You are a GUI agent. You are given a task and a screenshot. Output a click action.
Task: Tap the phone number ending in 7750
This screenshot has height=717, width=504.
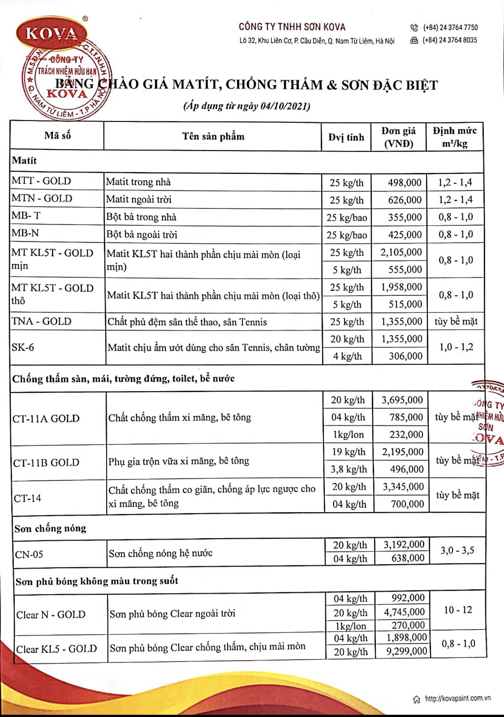(x=450, y=27)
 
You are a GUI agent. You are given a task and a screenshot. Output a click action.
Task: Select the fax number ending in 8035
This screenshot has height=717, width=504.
(x=450, y=40)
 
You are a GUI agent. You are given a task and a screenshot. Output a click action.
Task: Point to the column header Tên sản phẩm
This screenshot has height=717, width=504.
(x=213, y=136)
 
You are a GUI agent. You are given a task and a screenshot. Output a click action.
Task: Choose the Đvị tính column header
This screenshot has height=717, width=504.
(x=346, y=137)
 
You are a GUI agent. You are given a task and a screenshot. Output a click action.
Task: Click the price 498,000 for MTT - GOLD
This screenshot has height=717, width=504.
(x=404, y=182)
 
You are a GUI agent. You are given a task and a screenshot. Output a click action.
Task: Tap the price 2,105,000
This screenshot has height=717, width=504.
(x=401, y=252)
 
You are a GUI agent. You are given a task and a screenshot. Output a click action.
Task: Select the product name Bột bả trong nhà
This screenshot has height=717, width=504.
(x=141, y=217)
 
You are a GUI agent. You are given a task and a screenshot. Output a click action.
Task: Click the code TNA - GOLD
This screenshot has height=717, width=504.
(x=41, y=321)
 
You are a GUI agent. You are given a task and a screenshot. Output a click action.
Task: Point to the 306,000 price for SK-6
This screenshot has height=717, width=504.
(x=405, y=356)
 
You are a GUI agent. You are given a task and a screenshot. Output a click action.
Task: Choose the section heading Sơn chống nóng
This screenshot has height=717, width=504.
(x=50, y=528)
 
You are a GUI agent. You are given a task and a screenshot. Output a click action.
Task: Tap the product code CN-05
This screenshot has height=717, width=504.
(x=29, y=555)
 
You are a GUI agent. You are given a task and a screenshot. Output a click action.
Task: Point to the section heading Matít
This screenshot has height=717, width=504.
(x=24, y=161)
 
